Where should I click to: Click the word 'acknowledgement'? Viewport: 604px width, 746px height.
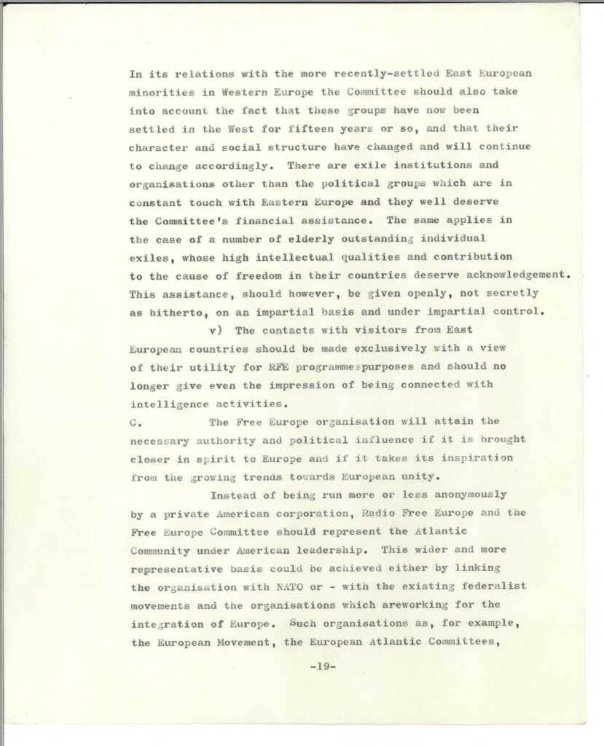[509, 275]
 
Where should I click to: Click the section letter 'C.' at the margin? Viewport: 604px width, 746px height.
[133, 421]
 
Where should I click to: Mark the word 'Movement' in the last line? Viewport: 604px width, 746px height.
[255, 642]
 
